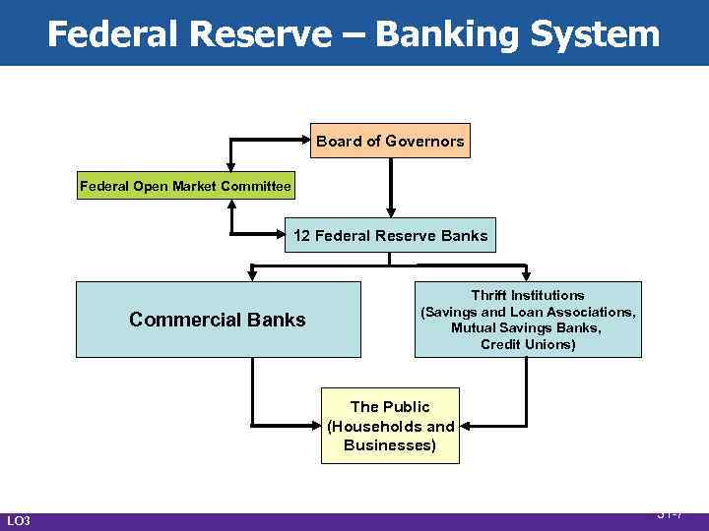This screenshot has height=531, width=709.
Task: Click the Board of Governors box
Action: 389,141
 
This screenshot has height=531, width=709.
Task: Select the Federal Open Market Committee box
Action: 185,186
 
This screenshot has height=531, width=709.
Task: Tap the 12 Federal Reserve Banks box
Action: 390,236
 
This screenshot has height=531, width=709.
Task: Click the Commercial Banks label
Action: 218,320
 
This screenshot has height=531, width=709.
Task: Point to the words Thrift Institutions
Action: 528,295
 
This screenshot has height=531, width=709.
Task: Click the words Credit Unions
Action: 528,344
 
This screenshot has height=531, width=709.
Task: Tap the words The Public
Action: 390,406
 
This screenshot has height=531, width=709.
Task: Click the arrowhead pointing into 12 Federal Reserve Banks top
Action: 391,209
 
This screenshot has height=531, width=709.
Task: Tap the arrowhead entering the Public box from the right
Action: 465,426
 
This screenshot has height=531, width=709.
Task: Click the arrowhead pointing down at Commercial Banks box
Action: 253,274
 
